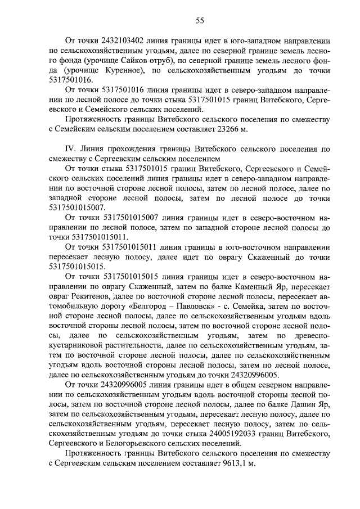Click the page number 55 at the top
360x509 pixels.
click(x=199, y=21)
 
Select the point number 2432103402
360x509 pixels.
click(x=125, y=42)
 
